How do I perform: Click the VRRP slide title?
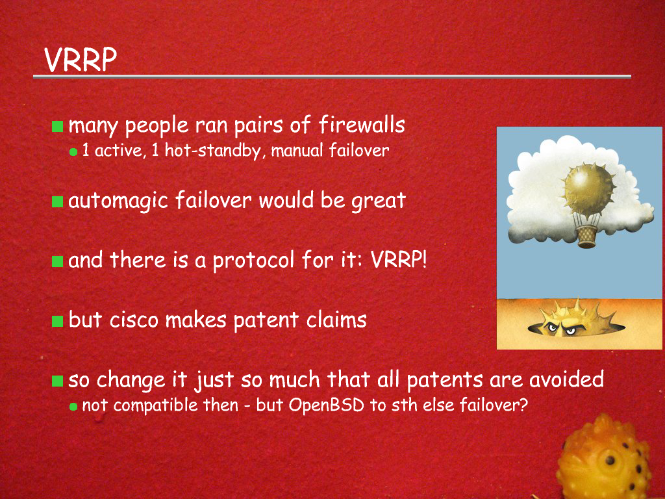81,59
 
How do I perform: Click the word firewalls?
362,125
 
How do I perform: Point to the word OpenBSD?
327,405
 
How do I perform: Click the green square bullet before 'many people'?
57,126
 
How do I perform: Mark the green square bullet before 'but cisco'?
57,321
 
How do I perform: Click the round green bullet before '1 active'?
73,152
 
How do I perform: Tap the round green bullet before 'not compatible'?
73,407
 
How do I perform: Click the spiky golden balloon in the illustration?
588,189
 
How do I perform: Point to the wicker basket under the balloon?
587,237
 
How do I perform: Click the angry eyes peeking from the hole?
560,328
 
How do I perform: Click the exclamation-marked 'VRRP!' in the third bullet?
399,260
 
